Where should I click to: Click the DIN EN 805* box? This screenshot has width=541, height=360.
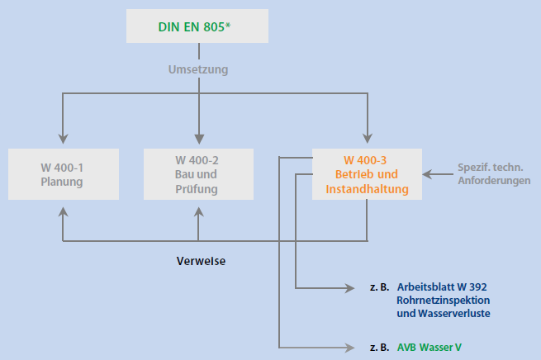[x=197, y=26]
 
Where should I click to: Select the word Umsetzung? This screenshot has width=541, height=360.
[x=197, y=69]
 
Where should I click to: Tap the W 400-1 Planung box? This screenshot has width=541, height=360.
[x=62, y=174]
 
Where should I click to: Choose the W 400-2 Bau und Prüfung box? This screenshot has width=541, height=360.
[x=197, y=174]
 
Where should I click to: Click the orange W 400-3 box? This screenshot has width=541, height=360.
[x=367, y=174]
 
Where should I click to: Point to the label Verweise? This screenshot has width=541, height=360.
[x=201, y=261]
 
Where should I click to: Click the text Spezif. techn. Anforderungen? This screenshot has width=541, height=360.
[x=494, y=174]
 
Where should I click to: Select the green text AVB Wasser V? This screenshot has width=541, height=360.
[x=429, y=347]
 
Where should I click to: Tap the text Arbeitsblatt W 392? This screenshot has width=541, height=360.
[x=447, y=287]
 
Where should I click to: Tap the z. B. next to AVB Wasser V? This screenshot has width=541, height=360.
[x=379, y=347]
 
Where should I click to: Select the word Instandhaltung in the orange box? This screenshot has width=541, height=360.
[x=367, y=189]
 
